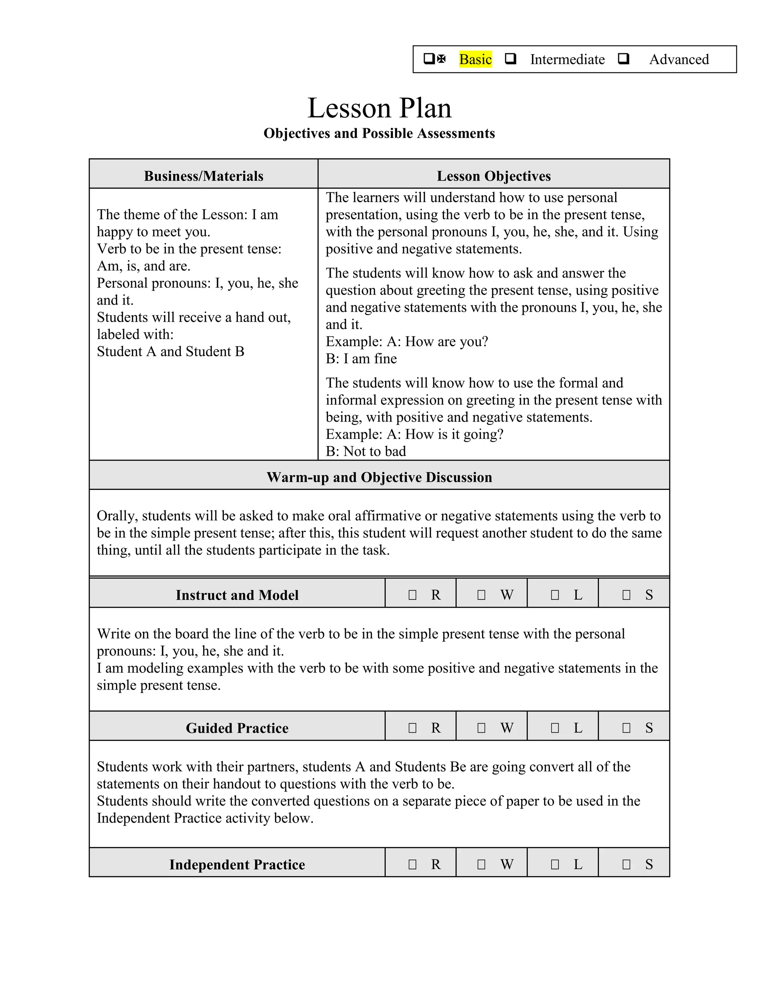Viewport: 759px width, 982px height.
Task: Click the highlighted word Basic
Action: (475, 59)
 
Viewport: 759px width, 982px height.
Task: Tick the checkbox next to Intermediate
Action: (510, 59)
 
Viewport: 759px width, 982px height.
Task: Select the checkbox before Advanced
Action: (623, 59)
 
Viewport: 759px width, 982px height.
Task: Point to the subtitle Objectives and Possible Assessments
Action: (379, 133)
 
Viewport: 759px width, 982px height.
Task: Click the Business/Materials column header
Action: (204, 176)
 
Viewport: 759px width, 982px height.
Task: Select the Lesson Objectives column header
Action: (493, 176)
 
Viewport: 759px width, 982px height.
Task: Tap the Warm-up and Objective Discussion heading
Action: (379, 477)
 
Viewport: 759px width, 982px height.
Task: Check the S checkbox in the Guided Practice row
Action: (626, 728)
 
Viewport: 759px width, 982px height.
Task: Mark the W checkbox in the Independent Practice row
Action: (481, 865)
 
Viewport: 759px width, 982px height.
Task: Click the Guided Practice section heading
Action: (237, 728)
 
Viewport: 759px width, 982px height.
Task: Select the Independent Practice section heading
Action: (237, 865)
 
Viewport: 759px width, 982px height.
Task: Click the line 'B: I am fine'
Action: (361, 359)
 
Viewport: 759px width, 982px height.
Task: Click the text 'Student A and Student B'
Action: (170, 352)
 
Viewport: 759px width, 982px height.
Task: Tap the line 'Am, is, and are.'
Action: (143, 266)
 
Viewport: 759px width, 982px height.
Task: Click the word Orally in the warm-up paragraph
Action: (117, 516)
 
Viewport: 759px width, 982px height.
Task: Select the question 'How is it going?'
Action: (454, 434)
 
